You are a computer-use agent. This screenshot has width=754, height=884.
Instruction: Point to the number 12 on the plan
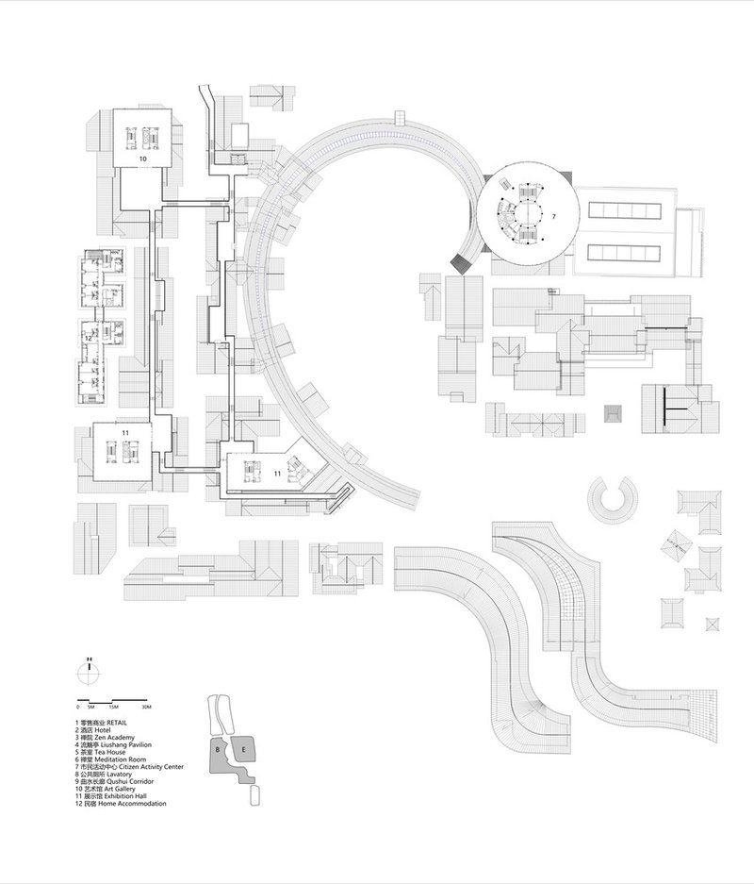tap(87, 337)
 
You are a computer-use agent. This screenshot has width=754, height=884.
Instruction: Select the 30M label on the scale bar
tap(146, 707)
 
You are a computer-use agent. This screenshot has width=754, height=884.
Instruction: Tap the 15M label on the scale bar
tap(114, 707)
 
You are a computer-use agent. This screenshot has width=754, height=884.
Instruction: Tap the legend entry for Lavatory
tap(112, 775)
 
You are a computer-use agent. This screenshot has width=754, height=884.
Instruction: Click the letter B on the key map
tap(219, 749)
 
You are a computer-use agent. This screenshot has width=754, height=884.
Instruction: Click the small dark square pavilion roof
tap(614, 413)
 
